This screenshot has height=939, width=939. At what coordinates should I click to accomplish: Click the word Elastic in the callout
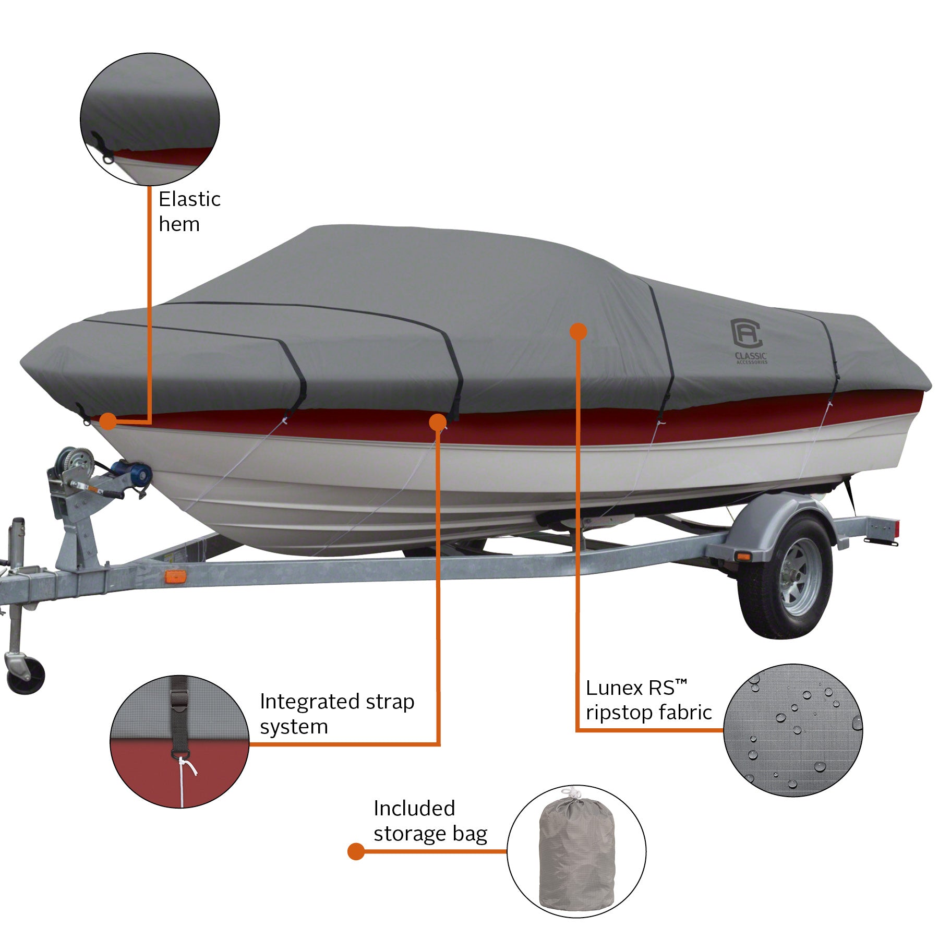189,199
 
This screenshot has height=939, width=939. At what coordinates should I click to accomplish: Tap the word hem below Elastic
179,224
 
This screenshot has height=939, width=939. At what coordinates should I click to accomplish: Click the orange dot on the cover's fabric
578,331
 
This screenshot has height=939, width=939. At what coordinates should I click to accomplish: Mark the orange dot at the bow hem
108,421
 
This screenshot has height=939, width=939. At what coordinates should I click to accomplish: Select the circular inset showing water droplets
792,730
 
